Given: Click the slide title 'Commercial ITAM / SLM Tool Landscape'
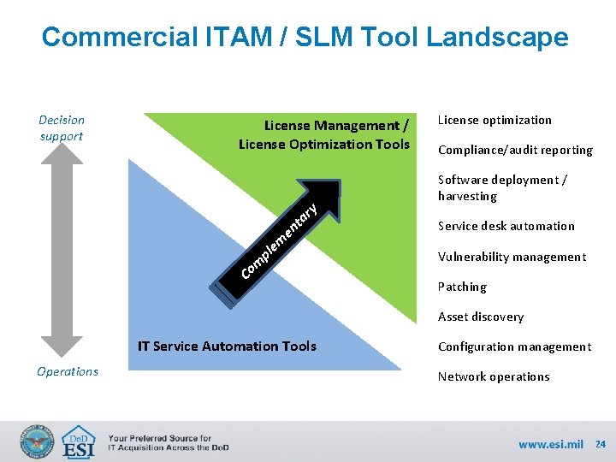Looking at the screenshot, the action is pyautogui.click(x=305, y=37).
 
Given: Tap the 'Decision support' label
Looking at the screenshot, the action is pyautogui.click(x=62, y=128).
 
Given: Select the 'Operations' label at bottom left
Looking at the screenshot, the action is pyautogui.click(x=68, y=371).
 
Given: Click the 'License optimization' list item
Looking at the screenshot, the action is pyautogui.click(x=495, y=120).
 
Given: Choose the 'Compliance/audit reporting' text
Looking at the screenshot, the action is pyautogui.click(x=515, y=150).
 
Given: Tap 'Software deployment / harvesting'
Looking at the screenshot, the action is pyautogui.click(x=502, y=187).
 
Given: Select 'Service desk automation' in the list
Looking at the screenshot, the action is pyautogui.click(x=506, y=226).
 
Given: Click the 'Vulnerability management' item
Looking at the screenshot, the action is pyautogui.click(x=512, y=257).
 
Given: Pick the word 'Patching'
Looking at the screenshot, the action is pyautogui.click(x=462, y=287).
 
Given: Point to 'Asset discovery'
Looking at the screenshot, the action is pyautogui.click(x=480, y=317).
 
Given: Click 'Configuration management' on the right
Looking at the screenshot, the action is pyautogui.click(x=514, y=346).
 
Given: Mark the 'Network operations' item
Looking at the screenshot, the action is pyautogui.click(x=494, y=376).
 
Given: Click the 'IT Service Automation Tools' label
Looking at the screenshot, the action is pyautogui.click(x=227, y=346).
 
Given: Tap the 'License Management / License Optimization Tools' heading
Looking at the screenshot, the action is pyautogui.click(x=324, y=134).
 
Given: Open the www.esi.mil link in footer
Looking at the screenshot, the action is pyautogui.click(x=550, y=444).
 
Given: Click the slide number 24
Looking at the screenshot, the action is pyautogui.click(x=601, y=444).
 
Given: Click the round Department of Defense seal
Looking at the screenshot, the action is pyautogui.click(x=37, y=442).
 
